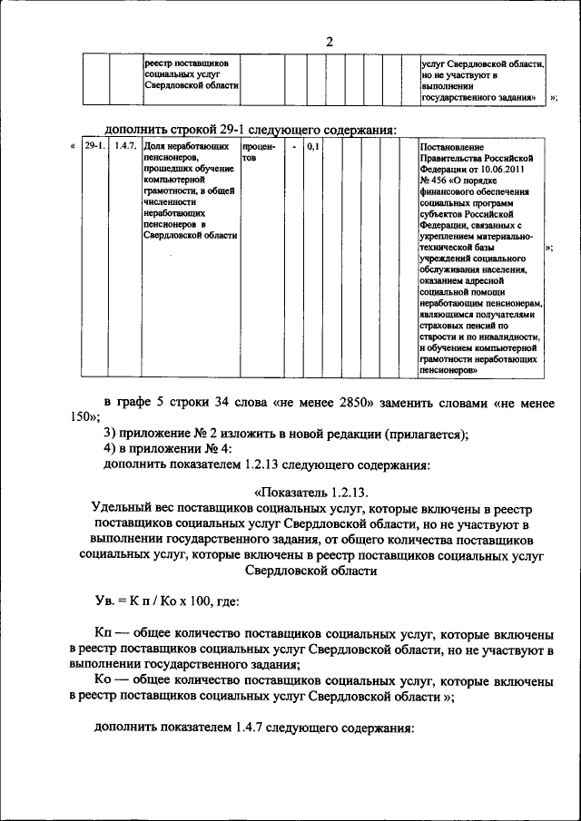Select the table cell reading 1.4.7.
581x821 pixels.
(x=124, y=146)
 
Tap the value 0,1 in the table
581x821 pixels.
(x=311, y=146)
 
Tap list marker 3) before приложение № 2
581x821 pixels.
(x=109, y=434)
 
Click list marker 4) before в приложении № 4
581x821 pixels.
(x=109, y=450)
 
